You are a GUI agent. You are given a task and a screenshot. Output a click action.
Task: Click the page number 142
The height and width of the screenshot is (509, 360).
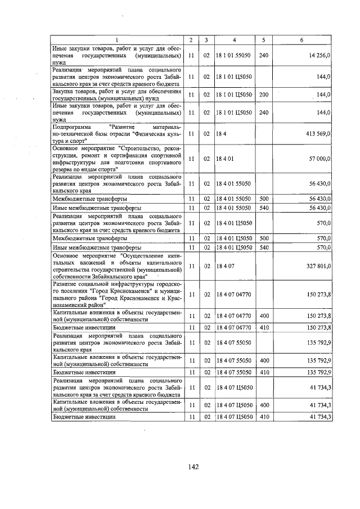click(x=193, y=466)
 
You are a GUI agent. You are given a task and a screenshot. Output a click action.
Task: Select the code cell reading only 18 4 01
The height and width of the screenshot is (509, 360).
click(x=224, y=160)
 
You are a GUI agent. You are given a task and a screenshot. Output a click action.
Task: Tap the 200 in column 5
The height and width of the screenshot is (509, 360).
click(x=264, y=94)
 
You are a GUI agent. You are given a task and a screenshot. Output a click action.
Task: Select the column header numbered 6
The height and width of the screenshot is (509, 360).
click(x=302, y=40)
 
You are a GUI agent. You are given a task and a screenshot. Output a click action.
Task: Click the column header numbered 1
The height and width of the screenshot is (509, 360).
click(x=117, y=40)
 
